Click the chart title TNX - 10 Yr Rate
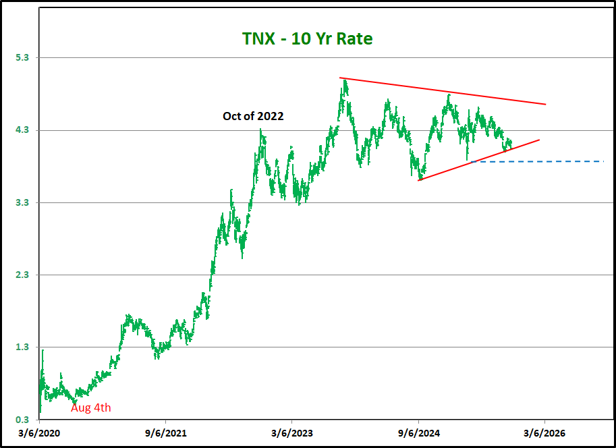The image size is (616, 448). [x=308, y=39]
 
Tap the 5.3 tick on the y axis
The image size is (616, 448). [x=22, y=58]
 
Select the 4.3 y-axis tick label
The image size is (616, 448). [x=22, y=130]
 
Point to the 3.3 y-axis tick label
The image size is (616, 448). [x=22, y=202]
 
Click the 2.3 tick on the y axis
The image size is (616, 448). [x=22, y=275]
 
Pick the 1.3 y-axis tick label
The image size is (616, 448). [x=22, y=347]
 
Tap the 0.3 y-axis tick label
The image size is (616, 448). [x=22, y=419]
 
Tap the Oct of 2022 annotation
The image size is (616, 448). [x=253, y=116]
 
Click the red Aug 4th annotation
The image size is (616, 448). [x=91, y=408]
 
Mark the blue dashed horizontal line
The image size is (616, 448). [x=540, y=161]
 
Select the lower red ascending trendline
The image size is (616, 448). [x=479, y=160]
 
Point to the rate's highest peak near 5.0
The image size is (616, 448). [x=345, y=81]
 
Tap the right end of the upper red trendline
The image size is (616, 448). [x=544, y=104]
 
